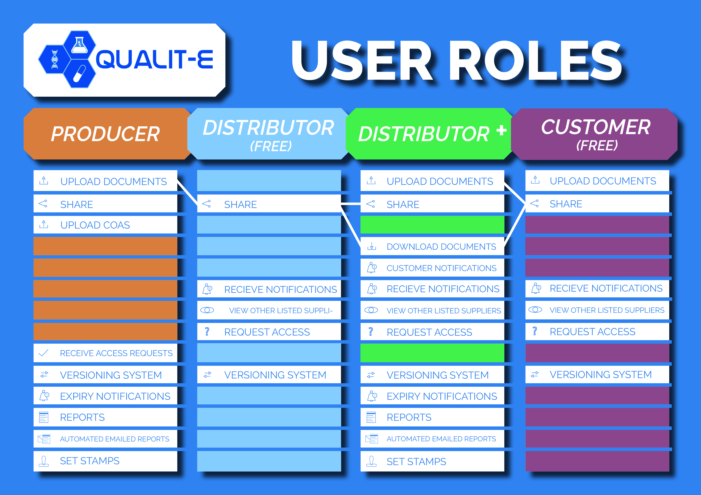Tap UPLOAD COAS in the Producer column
(x=95, y=225)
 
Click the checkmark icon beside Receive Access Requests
(x=44, y=353)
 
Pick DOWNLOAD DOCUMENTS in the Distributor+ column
(x=441, y=247)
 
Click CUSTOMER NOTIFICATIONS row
(x=441, y=268)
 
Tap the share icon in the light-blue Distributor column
(x=207, y=204)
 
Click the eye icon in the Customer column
(x=535, y=310)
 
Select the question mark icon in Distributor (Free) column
(x=207, y=332)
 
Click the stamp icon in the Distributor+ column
(x=371, y=461)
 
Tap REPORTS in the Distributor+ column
(x=409, y=417)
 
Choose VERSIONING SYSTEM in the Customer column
(x=600, y=374)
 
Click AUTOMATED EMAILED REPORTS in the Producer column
(x=115, y=439)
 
